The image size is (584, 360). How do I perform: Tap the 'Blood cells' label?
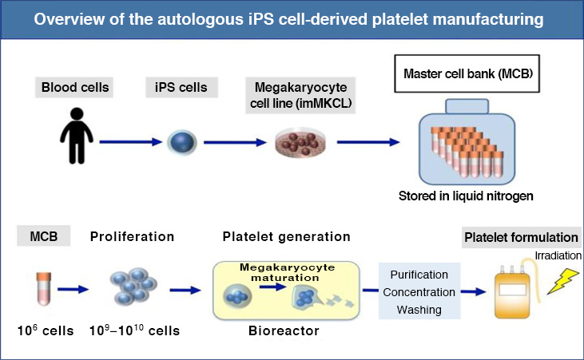click(74, 88)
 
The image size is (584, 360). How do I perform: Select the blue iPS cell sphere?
click(182, 143)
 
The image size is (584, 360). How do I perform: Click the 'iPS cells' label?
click(181, 88)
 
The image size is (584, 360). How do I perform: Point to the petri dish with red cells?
click(300, 144)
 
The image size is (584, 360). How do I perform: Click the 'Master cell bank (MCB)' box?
click(467, 73)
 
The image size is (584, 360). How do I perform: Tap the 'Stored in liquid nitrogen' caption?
click(466, 196)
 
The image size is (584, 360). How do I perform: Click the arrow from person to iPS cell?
click(131, 142)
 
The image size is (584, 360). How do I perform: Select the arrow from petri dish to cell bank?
click(368, 142)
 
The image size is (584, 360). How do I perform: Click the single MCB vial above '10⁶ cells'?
click(44, 289)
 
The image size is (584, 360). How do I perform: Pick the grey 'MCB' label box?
click(44, 236)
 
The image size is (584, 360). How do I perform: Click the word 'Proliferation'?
click(133, 237)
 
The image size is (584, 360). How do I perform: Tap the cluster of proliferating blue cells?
click(133, 286)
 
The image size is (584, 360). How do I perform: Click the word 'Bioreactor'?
click(284, 330)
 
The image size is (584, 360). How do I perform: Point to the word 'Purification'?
click(419, 275)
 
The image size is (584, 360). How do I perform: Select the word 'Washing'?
click(419, 310)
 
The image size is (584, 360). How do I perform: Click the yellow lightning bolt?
click(563, 281)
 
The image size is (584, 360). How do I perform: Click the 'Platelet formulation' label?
click(521, 237)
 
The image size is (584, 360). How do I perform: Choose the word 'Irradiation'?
click(558, 255)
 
